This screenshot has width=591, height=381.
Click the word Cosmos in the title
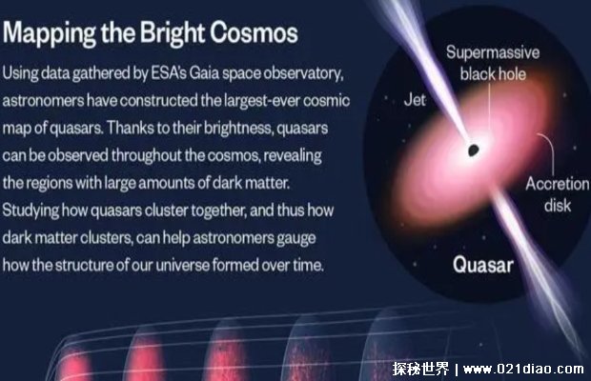pos(254,32)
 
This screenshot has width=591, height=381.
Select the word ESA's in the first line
pos(169,73)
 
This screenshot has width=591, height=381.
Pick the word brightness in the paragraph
pos(238,129)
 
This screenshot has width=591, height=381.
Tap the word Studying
pos(31,211)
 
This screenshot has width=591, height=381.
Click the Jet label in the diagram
pos(415,100)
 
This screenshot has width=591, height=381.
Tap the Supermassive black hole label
pos(493,63)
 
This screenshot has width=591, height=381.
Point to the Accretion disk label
pos(557,194)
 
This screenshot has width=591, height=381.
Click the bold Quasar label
pos(483,265)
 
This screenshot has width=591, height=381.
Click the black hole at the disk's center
pos(473,150)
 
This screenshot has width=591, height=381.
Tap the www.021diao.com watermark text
pos(523,369)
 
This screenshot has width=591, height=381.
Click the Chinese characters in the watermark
pos(421,369)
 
